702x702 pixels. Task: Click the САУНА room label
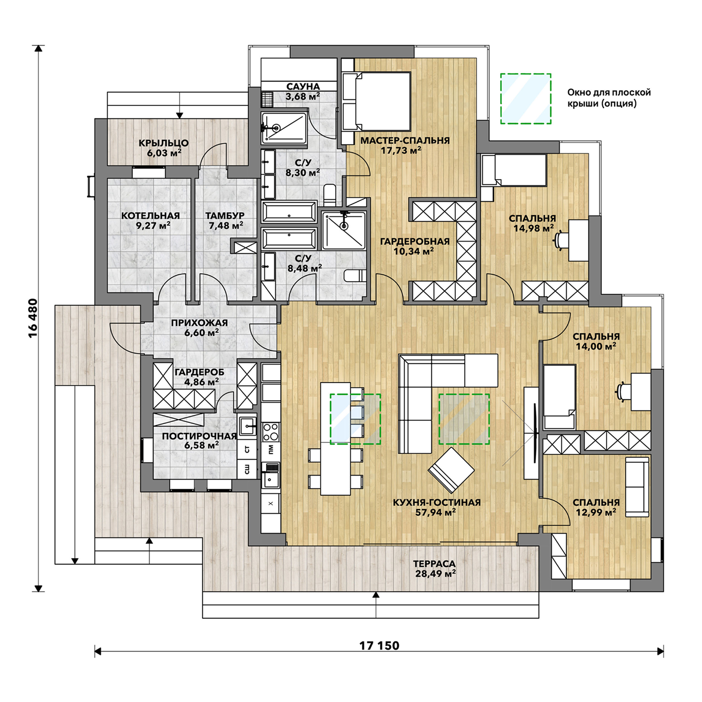click(x=303, y=87)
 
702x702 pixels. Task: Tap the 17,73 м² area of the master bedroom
click(x=401, y=150)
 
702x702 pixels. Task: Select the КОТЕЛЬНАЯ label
click(x=150, y=215)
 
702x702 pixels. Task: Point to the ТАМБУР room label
click(x=225, y=215)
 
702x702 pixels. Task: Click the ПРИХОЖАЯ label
click(x=199, y=323)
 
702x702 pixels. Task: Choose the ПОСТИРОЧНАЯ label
click(x=199, y=436)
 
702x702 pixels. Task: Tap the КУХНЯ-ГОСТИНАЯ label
click(x=436, y=502)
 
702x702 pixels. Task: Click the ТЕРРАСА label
click(x=434, y=564)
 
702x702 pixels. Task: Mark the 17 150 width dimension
click(x=379, y=645)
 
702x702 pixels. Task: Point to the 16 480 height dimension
click(x=33, y=318)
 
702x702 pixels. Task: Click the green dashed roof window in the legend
click(x=526, y=99)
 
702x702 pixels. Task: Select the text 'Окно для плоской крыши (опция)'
click(x=609, y=98)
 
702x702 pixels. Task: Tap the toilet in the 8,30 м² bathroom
click(x=330, y=194)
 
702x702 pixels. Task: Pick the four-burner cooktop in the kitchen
click(x=271, y=432)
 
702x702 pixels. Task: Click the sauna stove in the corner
click(x=267, y=99)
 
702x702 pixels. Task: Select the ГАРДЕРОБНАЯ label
click(x=415, y=241)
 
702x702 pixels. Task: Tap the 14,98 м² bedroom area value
click(x=534, y=228)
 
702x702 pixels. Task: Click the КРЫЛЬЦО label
click(x=164, y=143)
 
